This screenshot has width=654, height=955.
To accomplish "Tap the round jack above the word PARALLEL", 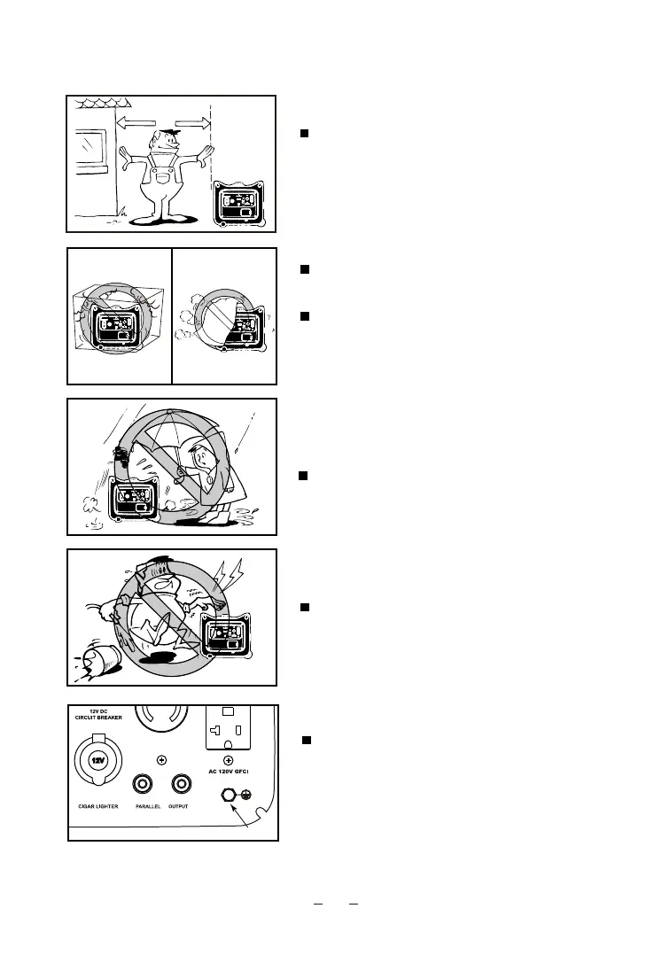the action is point(143,783).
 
